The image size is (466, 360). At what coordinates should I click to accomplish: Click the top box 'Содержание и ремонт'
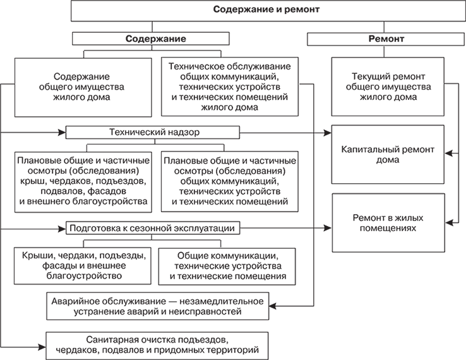[266, 10]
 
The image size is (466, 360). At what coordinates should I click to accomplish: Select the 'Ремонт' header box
[386, 39]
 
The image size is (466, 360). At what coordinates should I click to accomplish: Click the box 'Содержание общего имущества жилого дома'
[82, 86]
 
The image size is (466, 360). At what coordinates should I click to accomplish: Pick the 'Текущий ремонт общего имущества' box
[388, 86]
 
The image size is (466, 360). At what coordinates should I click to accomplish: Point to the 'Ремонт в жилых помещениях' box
[388, 222]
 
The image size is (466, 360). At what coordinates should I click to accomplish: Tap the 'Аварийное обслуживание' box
[158, 306]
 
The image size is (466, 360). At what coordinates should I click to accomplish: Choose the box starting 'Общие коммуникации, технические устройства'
[227, 265]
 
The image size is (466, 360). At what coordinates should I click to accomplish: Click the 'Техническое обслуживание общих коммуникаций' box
[230, 86]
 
